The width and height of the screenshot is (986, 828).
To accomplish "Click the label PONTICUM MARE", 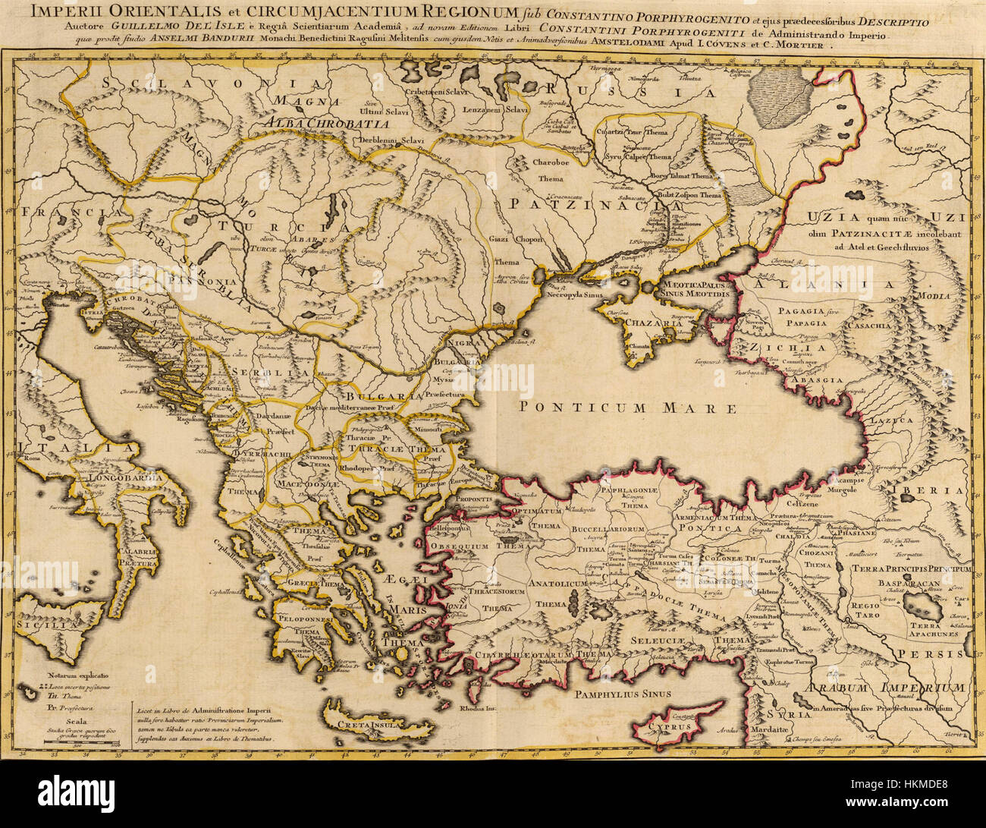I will tap(628, 408).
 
